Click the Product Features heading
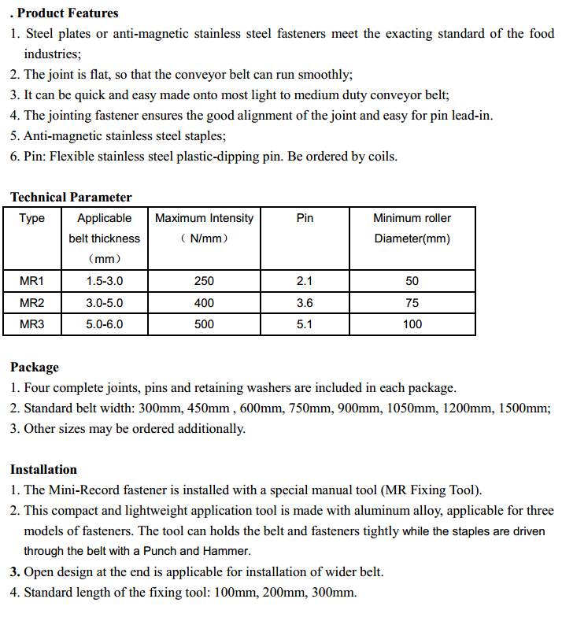tap(67, 13)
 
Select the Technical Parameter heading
tap(71, 197)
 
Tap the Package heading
tap(35, 367)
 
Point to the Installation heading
tap(43, 469)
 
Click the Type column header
tap(32, 218)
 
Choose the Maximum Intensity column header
tap(204, 218)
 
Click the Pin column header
tap(305, 218)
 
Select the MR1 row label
tap(32, 281)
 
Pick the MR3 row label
tap(32, 323)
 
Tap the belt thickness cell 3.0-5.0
tap(104, 302)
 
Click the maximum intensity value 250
tap(204, 281)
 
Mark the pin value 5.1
tap(305, 323)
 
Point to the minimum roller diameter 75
tap(412, 302)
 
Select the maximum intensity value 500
tap(204, 323)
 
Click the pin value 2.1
tap(305, 281)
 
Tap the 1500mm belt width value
tap(525, 408)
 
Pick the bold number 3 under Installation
tap(14, 571)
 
